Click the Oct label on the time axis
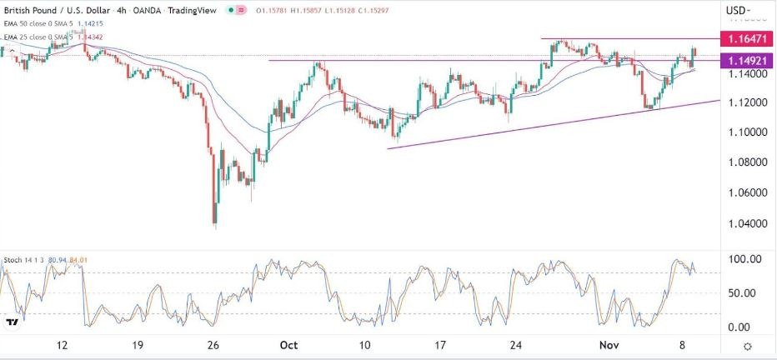point(289,345)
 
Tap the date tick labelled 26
point(213,345)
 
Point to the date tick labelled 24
point(517,345)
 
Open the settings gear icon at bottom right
point(748,346)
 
